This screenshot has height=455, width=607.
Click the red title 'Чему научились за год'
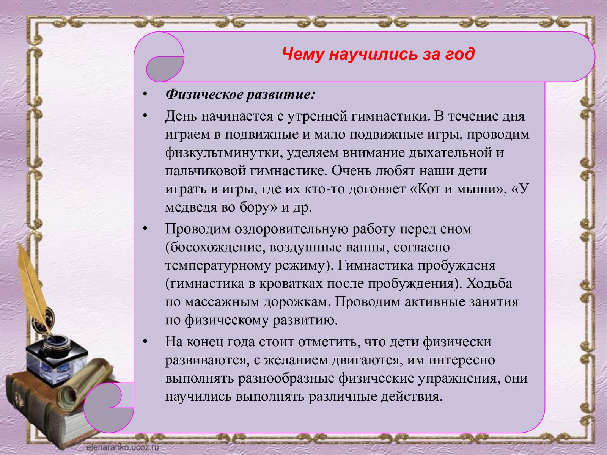[x=378, y=54]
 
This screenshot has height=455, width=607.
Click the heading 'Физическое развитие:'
[x=240, y=94]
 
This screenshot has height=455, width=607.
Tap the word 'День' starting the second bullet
[x=181, y=116]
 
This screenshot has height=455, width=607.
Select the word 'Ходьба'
[x=489, y=284]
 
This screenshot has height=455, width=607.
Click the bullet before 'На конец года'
[x=145, y=342]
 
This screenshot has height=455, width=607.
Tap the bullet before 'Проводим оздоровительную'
[x=145, y=229]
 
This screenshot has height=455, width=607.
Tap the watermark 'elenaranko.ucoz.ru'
[x=123, y=447]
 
